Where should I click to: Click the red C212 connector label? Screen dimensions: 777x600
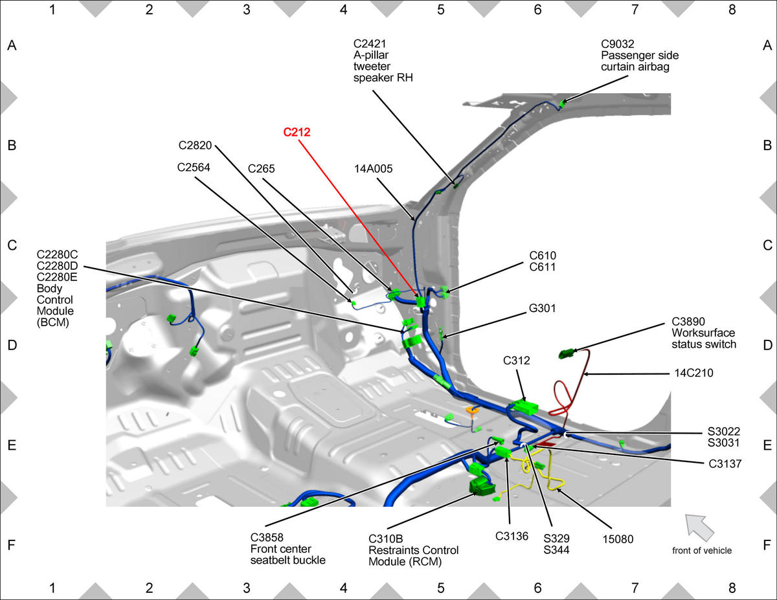coord(297,132)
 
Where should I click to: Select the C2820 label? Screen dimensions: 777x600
coord(195,145)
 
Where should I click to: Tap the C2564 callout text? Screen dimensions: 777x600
coord(194,167)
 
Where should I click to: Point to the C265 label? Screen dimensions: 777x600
coord(261,168)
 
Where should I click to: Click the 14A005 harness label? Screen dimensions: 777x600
coord(374,168)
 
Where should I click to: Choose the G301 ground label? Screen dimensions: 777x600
coord(542,308)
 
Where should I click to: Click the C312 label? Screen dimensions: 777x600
coord(516,361)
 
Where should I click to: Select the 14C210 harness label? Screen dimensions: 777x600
coord(693,373)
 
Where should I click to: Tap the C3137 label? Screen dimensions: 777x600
coord(725,463)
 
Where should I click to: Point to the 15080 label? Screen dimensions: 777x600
coord(618,539)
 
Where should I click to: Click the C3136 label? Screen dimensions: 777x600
coord(512,536)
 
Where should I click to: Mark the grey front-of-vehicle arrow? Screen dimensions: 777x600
coord(699,527)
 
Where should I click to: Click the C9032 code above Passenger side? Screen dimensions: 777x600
coord(618,44)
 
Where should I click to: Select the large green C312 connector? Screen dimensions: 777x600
coord(524,407)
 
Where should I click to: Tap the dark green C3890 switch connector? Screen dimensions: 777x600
coord(567,353)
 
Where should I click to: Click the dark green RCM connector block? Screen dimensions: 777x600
coord(482,486)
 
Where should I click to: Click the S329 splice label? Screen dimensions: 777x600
coord(556,538)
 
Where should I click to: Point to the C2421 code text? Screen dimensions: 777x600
coord(370,43)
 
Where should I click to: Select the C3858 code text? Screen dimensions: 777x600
coord(267,537)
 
